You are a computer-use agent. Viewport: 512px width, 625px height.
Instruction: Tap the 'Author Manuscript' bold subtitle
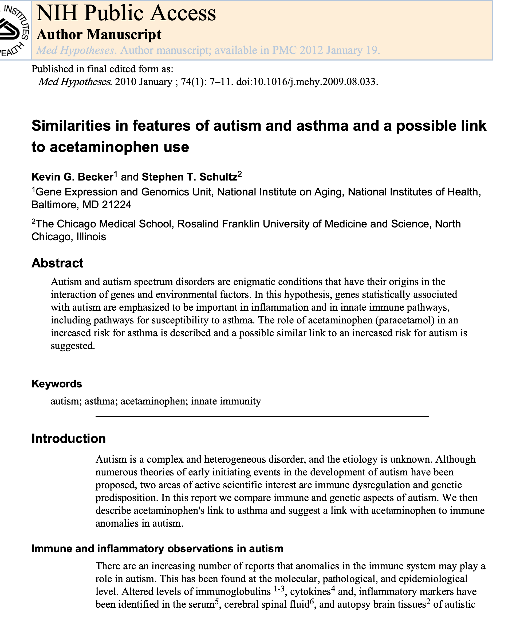(x=99, y=35)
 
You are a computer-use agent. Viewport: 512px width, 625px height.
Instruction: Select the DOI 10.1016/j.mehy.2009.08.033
(x=307, y=82)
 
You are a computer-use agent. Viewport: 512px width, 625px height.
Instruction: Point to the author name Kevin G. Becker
(x=72, y=177)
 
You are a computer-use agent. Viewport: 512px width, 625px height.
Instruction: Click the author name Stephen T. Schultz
(x=189, y=177)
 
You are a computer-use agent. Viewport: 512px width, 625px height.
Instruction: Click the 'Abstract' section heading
(x=57, y=263)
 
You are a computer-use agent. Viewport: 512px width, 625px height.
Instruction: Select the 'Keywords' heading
(x=57, y=384)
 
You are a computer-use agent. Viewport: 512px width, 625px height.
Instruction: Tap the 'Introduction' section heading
(x=68, y=439)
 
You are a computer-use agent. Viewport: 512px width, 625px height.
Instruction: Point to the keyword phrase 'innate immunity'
(x=226, y=401)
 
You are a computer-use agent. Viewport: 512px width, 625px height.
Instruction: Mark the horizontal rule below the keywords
(x=262, y=416)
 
